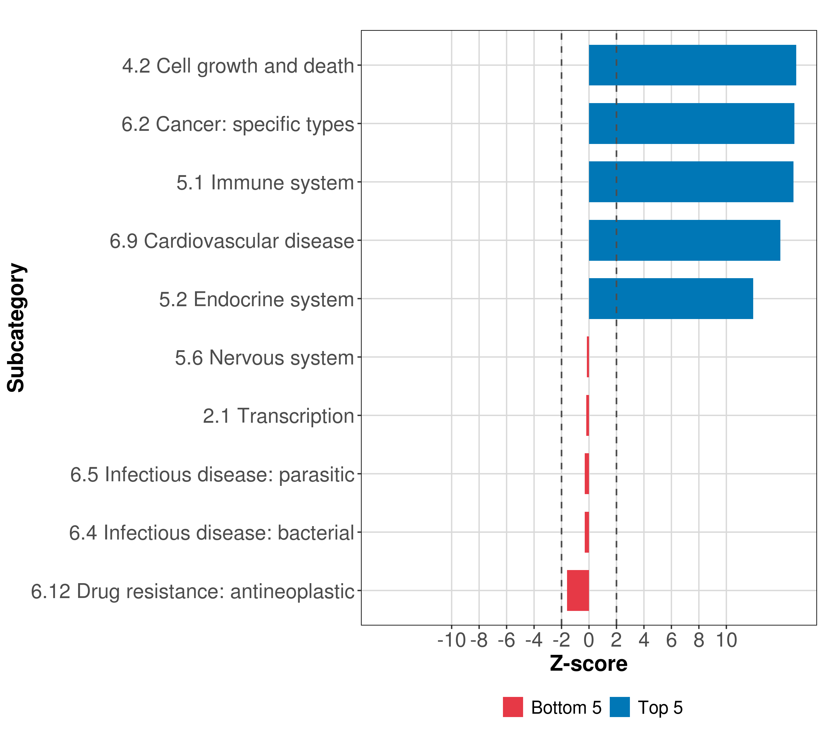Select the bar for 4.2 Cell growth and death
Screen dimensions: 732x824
[x=692, y=65]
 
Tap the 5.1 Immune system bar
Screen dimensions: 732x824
[x=691, y=182]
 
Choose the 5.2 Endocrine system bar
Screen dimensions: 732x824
[x=671, y=299]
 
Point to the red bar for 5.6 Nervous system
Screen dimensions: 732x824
[x=588, y=357]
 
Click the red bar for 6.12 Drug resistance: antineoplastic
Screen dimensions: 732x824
[x=578, y=590]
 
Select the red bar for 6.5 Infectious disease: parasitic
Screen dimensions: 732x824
[x=587, y=474]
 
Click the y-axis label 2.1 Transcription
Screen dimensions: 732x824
[x=278, y=416]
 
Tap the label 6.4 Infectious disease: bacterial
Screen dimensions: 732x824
[x=211, y=533]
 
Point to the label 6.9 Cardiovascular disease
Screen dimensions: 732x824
[x=232, y=241]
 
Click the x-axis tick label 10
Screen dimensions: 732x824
[x=726, y=640]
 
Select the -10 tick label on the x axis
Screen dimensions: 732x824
[x=451, y=640]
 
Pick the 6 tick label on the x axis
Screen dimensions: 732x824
[x=671, y=640]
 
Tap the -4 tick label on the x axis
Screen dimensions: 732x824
[x=534, y=640]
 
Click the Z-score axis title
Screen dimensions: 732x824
[x=589, y=664]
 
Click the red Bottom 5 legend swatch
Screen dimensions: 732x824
[x=513, y=707]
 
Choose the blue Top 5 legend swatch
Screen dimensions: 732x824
[x=620, y=707]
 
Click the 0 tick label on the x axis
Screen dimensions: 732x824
[x=589, y=640]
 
